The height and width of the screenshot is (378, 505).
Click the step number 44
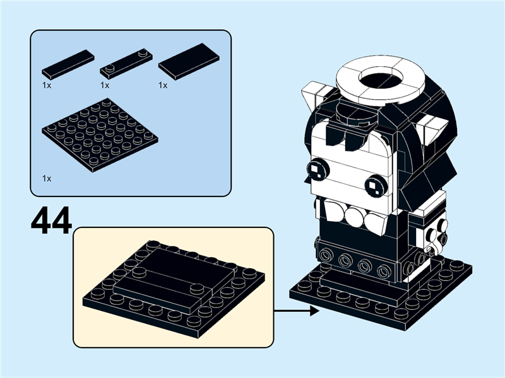click(50, 220)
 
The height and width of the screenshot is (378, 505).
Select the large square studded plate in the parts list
click(100, 134)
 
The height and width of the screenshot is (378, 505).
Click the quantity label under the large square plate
click(47, 179)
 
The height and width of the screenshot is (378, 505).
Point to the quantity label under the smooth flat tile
click(163, 85)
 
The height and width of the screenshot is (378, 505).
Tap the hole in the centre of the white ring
click(381, 79)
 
